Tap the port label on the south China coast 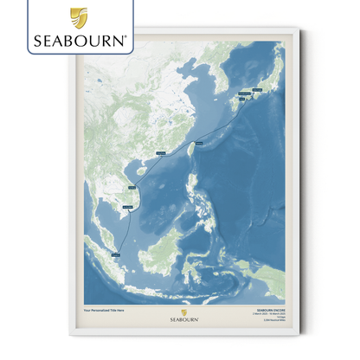click(x=161, y=154)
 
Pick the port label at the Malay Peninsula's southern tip click(x=116, y=254)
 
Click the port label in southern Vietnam click(x=129, y=207)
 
